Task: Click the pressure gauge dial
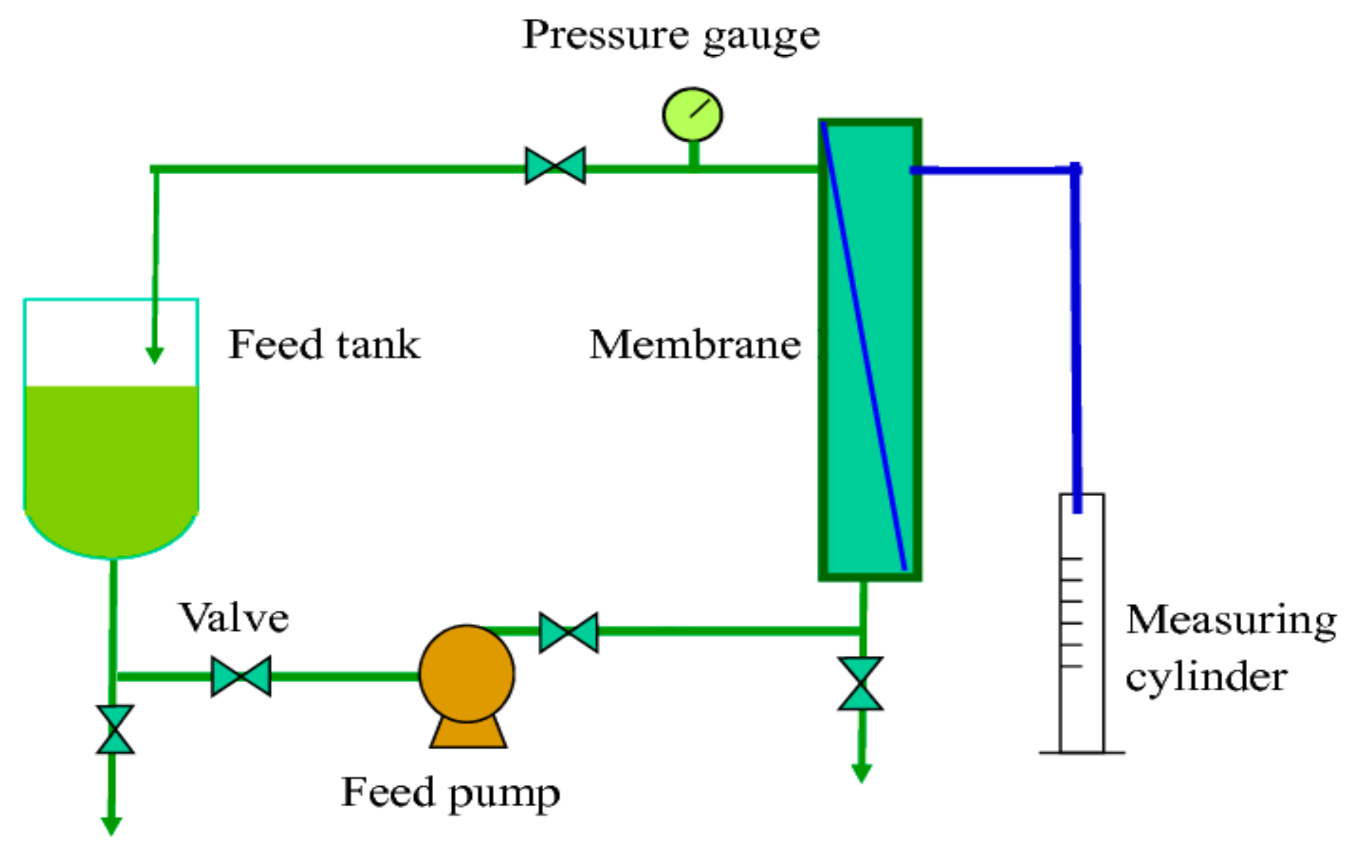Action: point(692,114)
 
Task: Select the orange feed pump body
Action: point(466,673)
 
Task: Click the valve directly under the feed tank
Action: point(115,729)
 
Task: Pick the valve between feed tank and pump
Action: point(241,676)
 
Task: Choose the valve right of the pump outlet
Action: point(568,632)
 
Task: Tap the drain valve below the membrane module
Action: point(861,683)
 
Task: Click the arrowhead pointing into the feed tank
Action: point(155,355)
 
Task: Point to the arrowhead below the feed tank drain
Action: point(112,826)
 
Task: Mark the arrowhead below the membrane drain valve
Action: point(862,773)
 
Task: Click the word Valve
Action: point(234,618)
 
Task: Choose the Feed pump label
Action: point(450,793)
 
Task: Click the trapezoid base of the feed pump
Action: point(468,734)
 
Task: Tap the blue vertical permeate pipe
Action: point(1076,338)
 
